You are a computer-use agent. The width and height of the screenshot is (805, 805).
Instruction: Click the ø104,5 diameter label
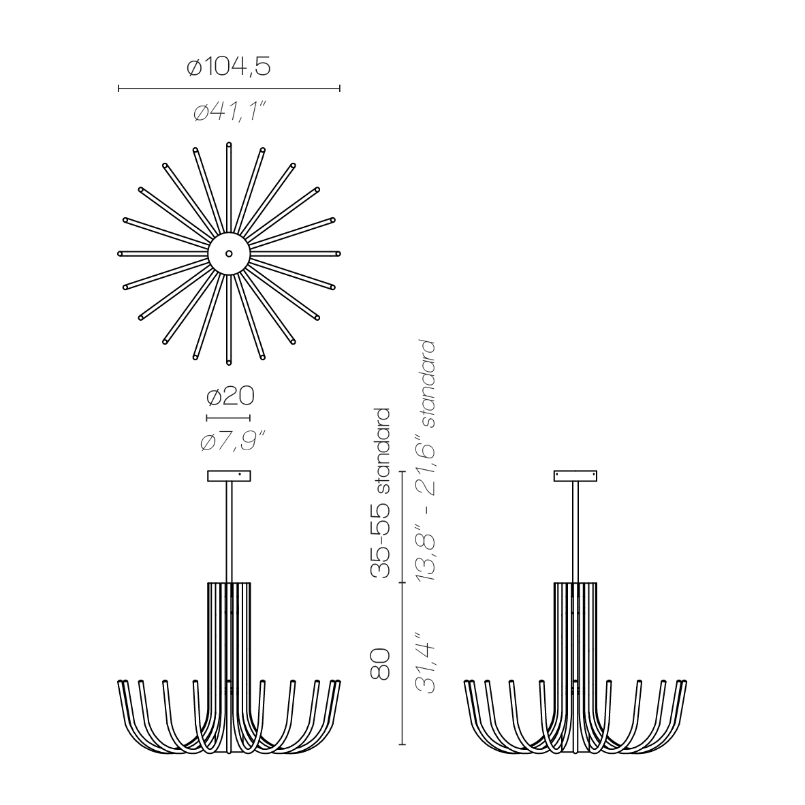(x=228, y=67)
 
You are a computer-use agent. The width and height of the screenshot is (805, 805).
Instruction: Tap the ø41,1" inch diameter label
(x=230, y=112)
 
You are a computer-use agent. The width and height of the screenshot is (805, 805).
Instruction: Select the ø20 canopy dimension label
(x=230, y=396)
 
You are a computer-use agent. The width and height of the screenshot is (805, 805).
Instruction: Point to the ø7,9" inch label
(x=233, y=441)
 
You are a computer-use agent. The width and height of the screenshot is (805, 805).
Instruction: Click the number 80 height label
(x=381, y=664)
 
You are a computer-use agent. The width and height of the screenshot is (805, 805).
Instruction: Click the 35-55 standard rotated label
(x=381, y=493)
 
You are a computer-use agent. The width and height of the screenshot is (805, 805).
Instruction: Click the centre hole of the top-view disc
(x=229, y=253)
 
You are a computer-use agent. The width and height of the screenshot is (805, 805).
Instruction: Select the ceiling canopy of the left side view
(x=229, y=476)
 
